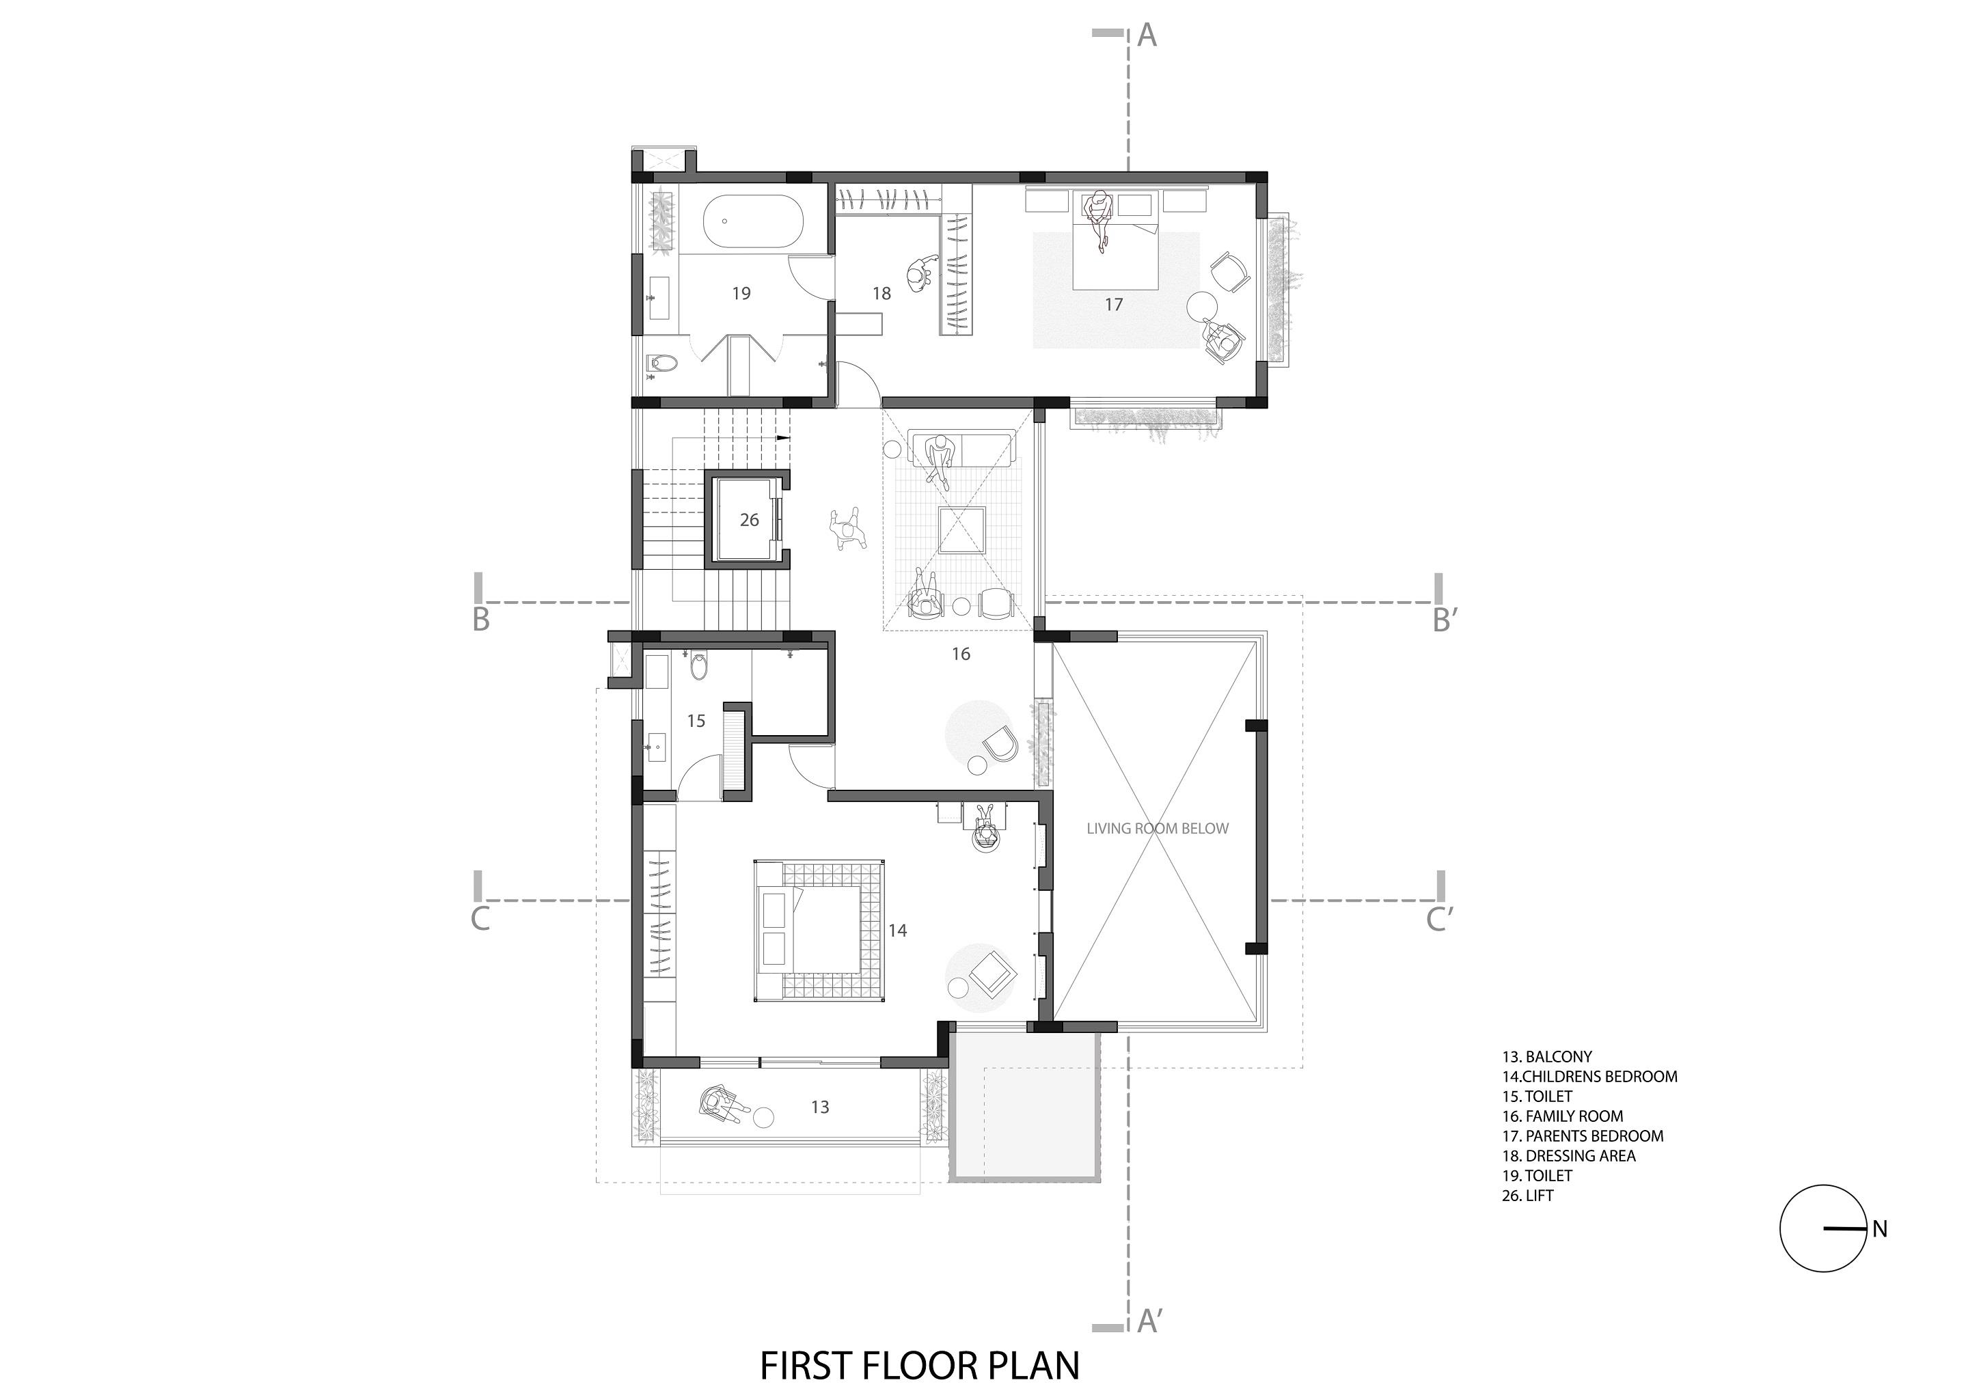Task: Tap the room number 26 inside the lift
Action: (749, 520)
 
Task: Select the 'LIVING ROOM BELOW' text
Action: (1157, 829)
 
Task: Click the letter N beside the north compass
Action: (1880, 1230)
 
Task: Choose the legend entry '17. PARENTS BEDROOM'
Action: (1583, 1135)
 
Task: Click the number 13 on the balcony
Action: (819, 1107)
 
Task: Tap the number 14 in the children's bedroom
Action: (897, 931)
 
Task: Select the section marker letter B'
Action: (1445, 620)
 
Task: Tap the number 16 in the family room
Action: (961, 654)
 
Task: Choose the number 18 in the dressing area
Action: (882, 294)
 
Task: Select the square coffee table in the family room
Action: (961, 532)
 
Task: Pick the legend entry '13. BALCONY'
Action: (1546, 1057)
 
